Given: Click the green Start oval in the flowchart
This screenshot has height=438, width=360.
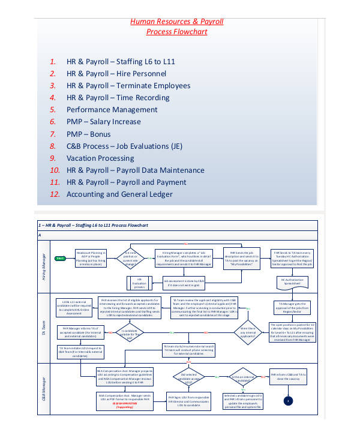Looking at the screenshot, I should point(60,259).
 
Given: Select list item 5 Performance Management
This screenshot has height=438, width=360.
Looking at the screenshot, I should point(112,110).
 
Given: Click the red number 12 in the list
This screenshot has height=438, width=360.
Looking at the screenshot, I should point(55,194).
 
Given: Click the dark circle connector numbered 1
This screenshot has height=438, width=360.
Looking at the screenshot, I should point(289,401).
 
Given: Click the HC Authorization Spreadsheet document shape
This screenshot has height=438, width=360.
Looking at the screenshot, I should point(291,281).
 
